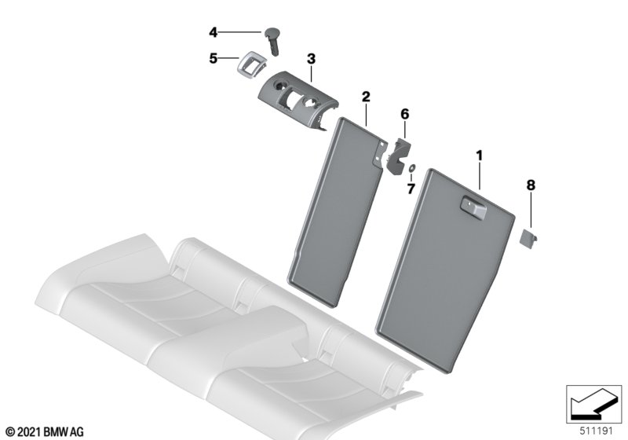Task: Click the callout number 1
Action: pos(479,156)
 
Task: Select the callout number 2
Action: pos(366,97)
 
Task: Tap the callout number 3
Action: pos(311,59)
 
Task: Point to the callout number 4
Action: pos(213,32)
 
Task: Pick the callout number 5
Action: pos(213,58)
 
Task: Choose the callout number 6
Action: pos(405,114)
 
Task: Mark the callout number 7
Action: pos(411,189)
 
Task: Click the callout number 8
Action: pos(531,185)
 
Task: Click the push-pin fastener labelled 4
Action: pos(272,41)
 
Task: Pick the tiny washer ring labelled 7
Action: pos(411,168)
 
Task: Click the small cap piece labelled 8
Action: pos(528,237)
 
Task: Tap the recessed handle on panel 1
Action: pos(473,207)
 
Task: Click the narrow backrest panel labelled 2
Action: pos(338,212)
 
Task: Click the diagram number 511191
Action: pos(597,431)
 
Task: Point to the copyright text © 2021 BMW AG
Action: pos(46,432)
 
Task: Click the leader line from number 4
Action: pos(239,32)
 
